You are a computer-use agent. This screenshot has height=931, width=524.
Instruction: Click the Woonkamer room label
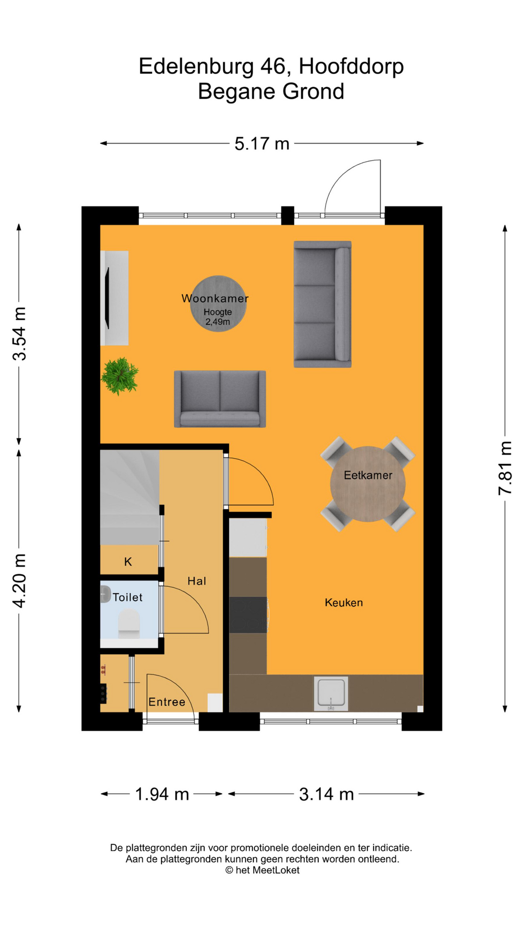tap(215, 298)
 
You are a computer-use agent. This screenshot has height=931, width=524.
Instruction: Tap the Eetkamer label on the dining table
tap(368, 475)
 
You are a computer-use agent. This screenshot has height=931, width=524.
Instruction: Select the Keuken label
tap(344, 603)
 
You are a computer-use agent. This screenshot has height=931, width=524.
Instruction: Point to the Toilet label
tap(128, 597)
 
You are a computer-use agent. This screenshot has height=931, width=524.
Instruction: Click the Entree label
tap(167, 702)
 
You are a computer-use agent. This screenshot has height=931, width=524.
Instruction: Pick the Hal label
tap(197, 581)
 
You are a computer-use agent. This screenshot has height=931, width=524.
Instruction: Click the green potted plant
tap(119, 376)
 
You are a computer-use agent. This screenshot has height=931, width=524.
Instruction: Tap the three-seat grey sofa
tap(323, 304)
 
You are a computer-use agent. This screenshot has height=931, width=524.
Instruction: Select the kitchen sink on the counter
tap(331, 694)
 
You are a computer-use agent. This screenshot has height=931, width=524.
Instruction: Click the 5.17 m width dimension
tap(262, 144)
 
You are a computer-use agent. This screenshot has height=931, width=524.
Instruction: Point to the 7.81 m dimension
tap(505, 468)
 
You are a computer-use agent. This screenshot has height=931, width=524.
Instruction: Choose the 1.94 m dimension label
tap(162, 794)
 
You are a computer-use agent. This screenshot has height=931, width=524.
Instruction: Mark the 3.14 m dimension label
tap(327, 794)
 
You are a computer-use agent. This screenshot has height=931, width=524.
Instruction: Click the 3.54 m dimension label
tap(19, 334)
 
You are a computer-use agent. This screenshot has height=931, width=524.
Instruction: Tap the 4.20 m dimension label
tap(19, 580)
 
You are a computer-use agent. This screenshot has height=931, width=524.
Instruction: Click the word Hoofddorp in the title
tap(351, 66)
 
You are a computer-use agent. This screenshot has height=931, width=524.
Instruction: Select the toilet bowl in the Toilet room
tap(129, 623)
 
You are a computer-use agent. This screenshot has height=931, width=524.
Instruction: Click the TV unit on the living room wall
tap(115, 298)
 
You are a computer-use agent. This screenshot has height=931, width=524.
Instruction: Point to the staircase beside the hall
tap(130, 497)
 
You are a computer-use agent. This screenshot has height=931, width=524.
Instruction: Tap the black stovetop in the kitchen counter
tap(248, 615)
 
